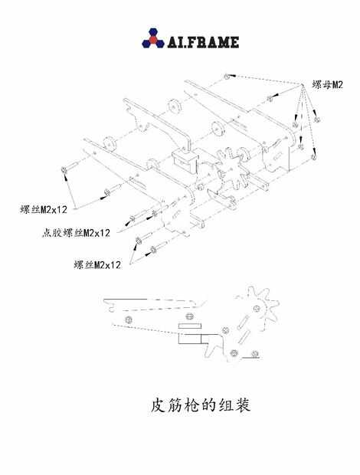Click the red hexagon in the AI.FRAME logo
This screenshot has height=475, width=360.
click(153, 40)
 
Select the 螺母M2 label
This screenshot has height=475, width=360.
click(327, 85)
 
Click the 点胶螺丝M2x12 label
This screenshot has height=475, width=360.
click(76, 233)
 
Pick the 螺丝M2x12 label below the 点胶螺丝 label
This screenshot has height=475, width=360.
click(97, 265)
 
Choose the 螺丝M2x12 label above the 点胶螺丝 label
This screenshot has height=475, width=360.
click(44, 209)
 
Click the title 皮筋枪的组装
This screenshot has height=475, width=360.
click(201, 405)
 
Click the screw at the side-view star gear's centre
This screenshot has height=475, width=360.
click(257, 309)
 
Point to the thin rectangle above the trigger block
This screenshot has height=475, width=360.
click(190, 326)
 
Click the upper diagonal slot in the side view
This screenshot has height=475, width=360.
click(243, 322)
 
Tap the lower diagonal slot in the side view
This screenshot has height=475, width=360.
click(244, 336)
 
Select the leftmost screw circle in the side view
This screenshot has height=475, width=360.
click(129, 320)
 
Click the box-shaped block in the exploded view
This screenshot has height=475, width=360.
click(185, 160)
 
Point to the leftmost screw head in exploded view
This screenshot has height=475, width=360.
click(64, 169)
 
